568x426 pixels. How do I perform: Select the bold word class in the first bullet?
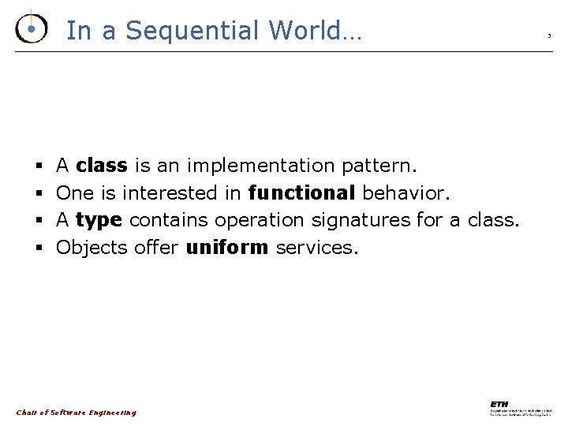click(101, 166)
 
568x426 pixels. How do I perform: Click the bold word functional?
click(301, 192)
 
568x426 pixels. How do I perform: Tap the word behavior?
click(403, 192)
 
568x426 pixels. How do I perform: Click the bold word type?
click(99, 220)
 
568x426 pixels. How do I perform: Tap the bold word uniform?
click(226, 248)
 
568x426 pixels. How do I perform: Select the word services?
click(316, 248)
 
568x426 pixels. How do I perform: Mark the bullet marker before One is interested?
click(39, 193)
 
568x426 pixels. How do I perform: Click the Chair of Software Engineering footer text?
click(76, 413)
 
